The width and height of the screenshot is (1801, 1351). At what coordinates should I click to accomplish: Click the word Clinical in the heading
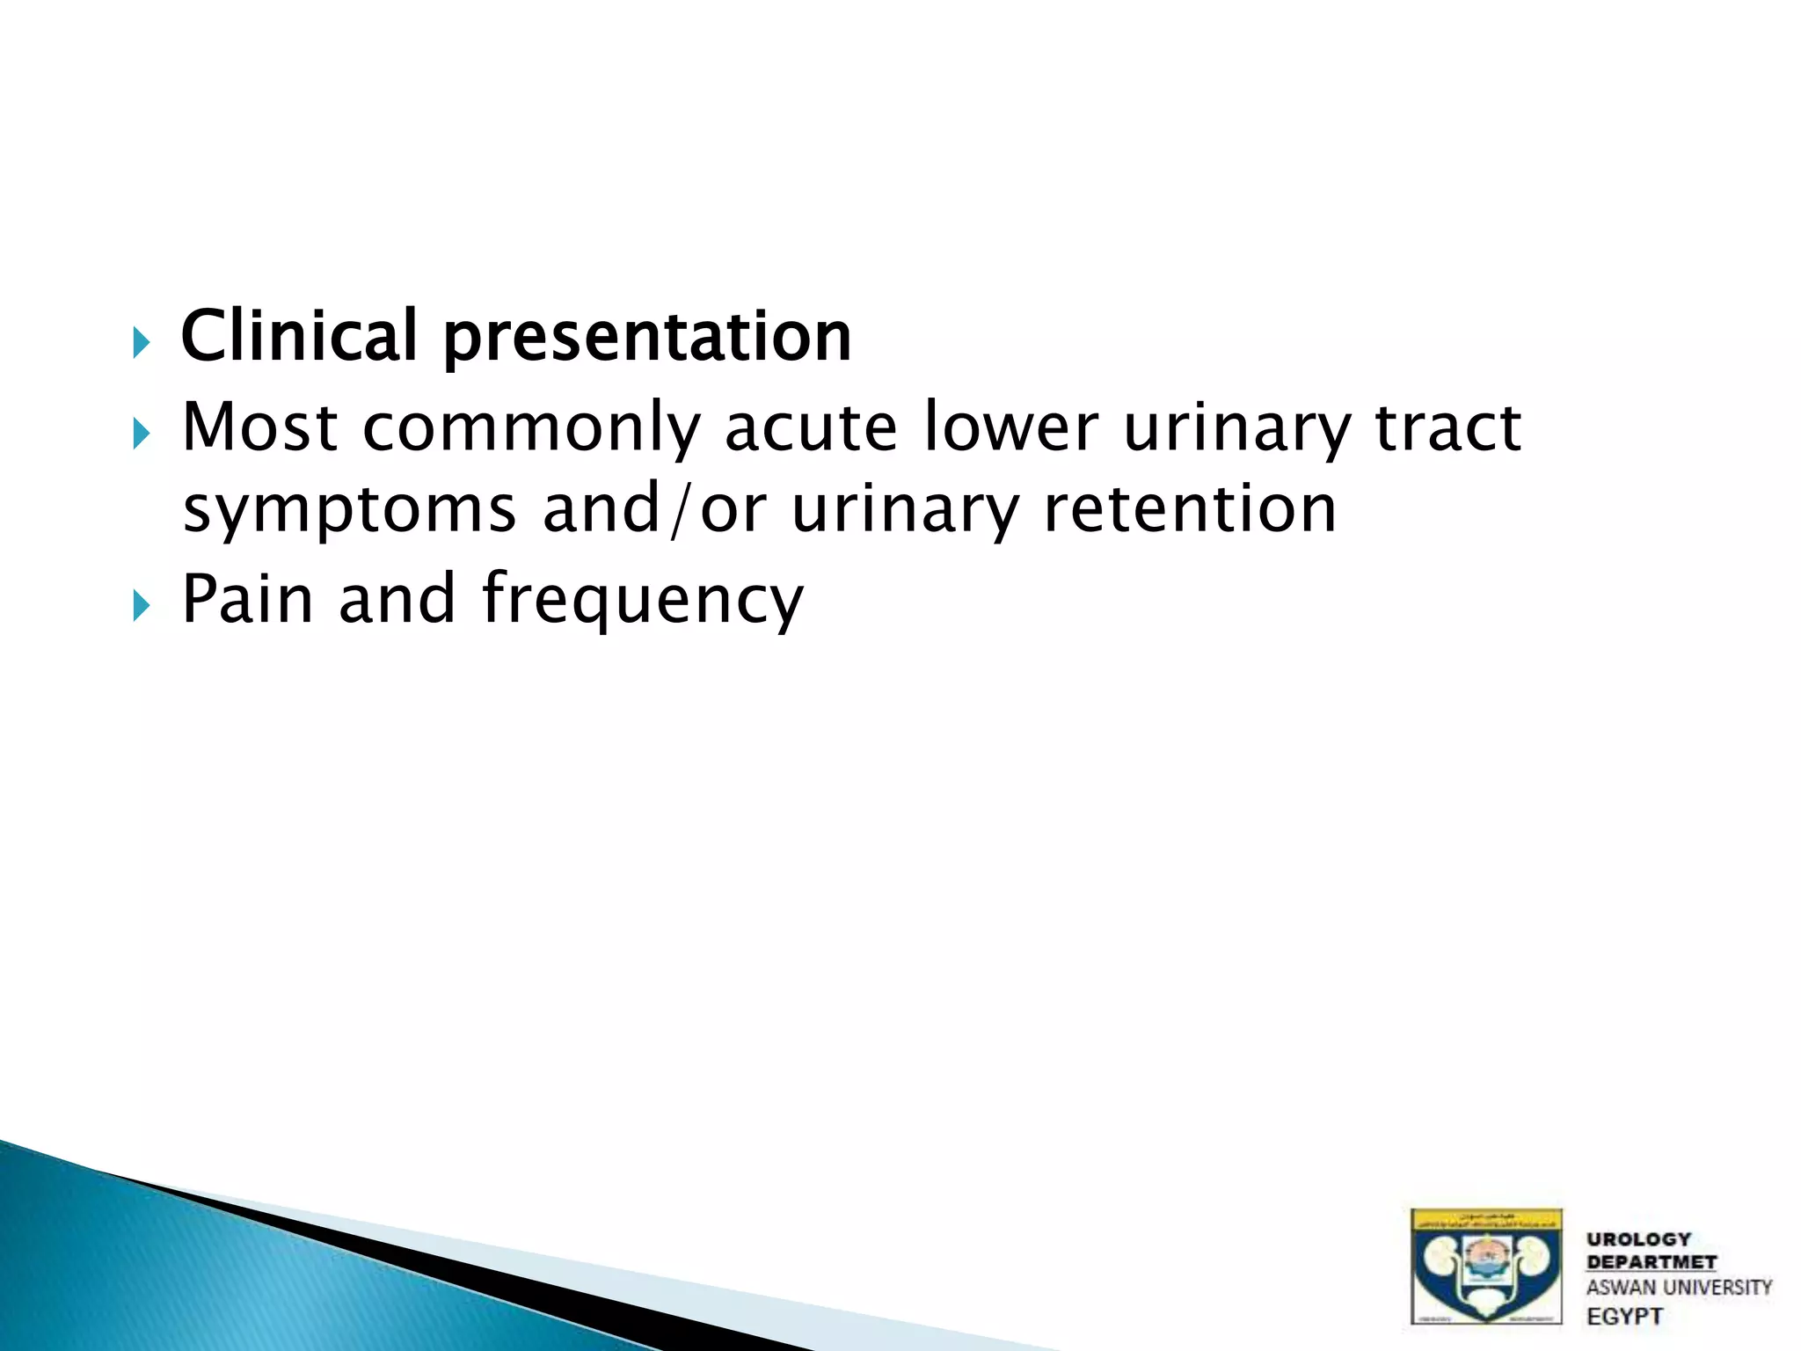[298, 336]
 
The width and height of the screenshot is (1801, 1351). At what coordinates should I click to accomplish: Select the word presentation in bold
[647, 338]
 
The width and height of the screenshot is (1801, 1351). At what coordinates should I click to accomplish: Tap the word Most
[259, 427]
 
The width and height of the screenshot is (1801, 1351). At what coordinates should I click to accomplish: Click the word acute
[810, 427]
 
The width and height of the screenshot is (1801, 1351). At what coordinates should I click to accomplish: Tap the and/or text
[654, 510]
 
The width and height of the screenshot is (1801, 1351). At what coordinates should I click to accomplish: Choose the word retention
[1190, 510]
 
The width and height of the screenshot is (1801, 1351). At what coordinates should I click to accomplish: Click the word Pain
[247, 599]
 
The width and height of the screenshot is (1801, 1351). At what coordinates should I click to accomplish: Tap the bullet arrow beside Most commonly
[142, 433]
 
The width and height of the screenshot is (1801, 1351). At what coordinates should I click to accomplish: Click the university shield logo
[1486, 1267]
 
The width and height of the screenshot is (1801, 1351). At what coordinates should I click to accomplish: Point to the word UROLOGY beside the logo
[1638, 1239]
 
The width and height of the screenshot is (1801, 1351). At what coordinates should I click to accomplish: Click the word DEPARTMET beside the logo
[1651, 1262]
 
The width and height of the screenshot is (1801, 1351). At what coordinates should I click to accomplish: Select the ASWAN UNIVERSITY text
[1678, 1288]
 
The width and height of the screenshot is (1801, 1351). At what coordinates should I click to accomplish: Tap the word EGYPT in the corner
[1624, 1317]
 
